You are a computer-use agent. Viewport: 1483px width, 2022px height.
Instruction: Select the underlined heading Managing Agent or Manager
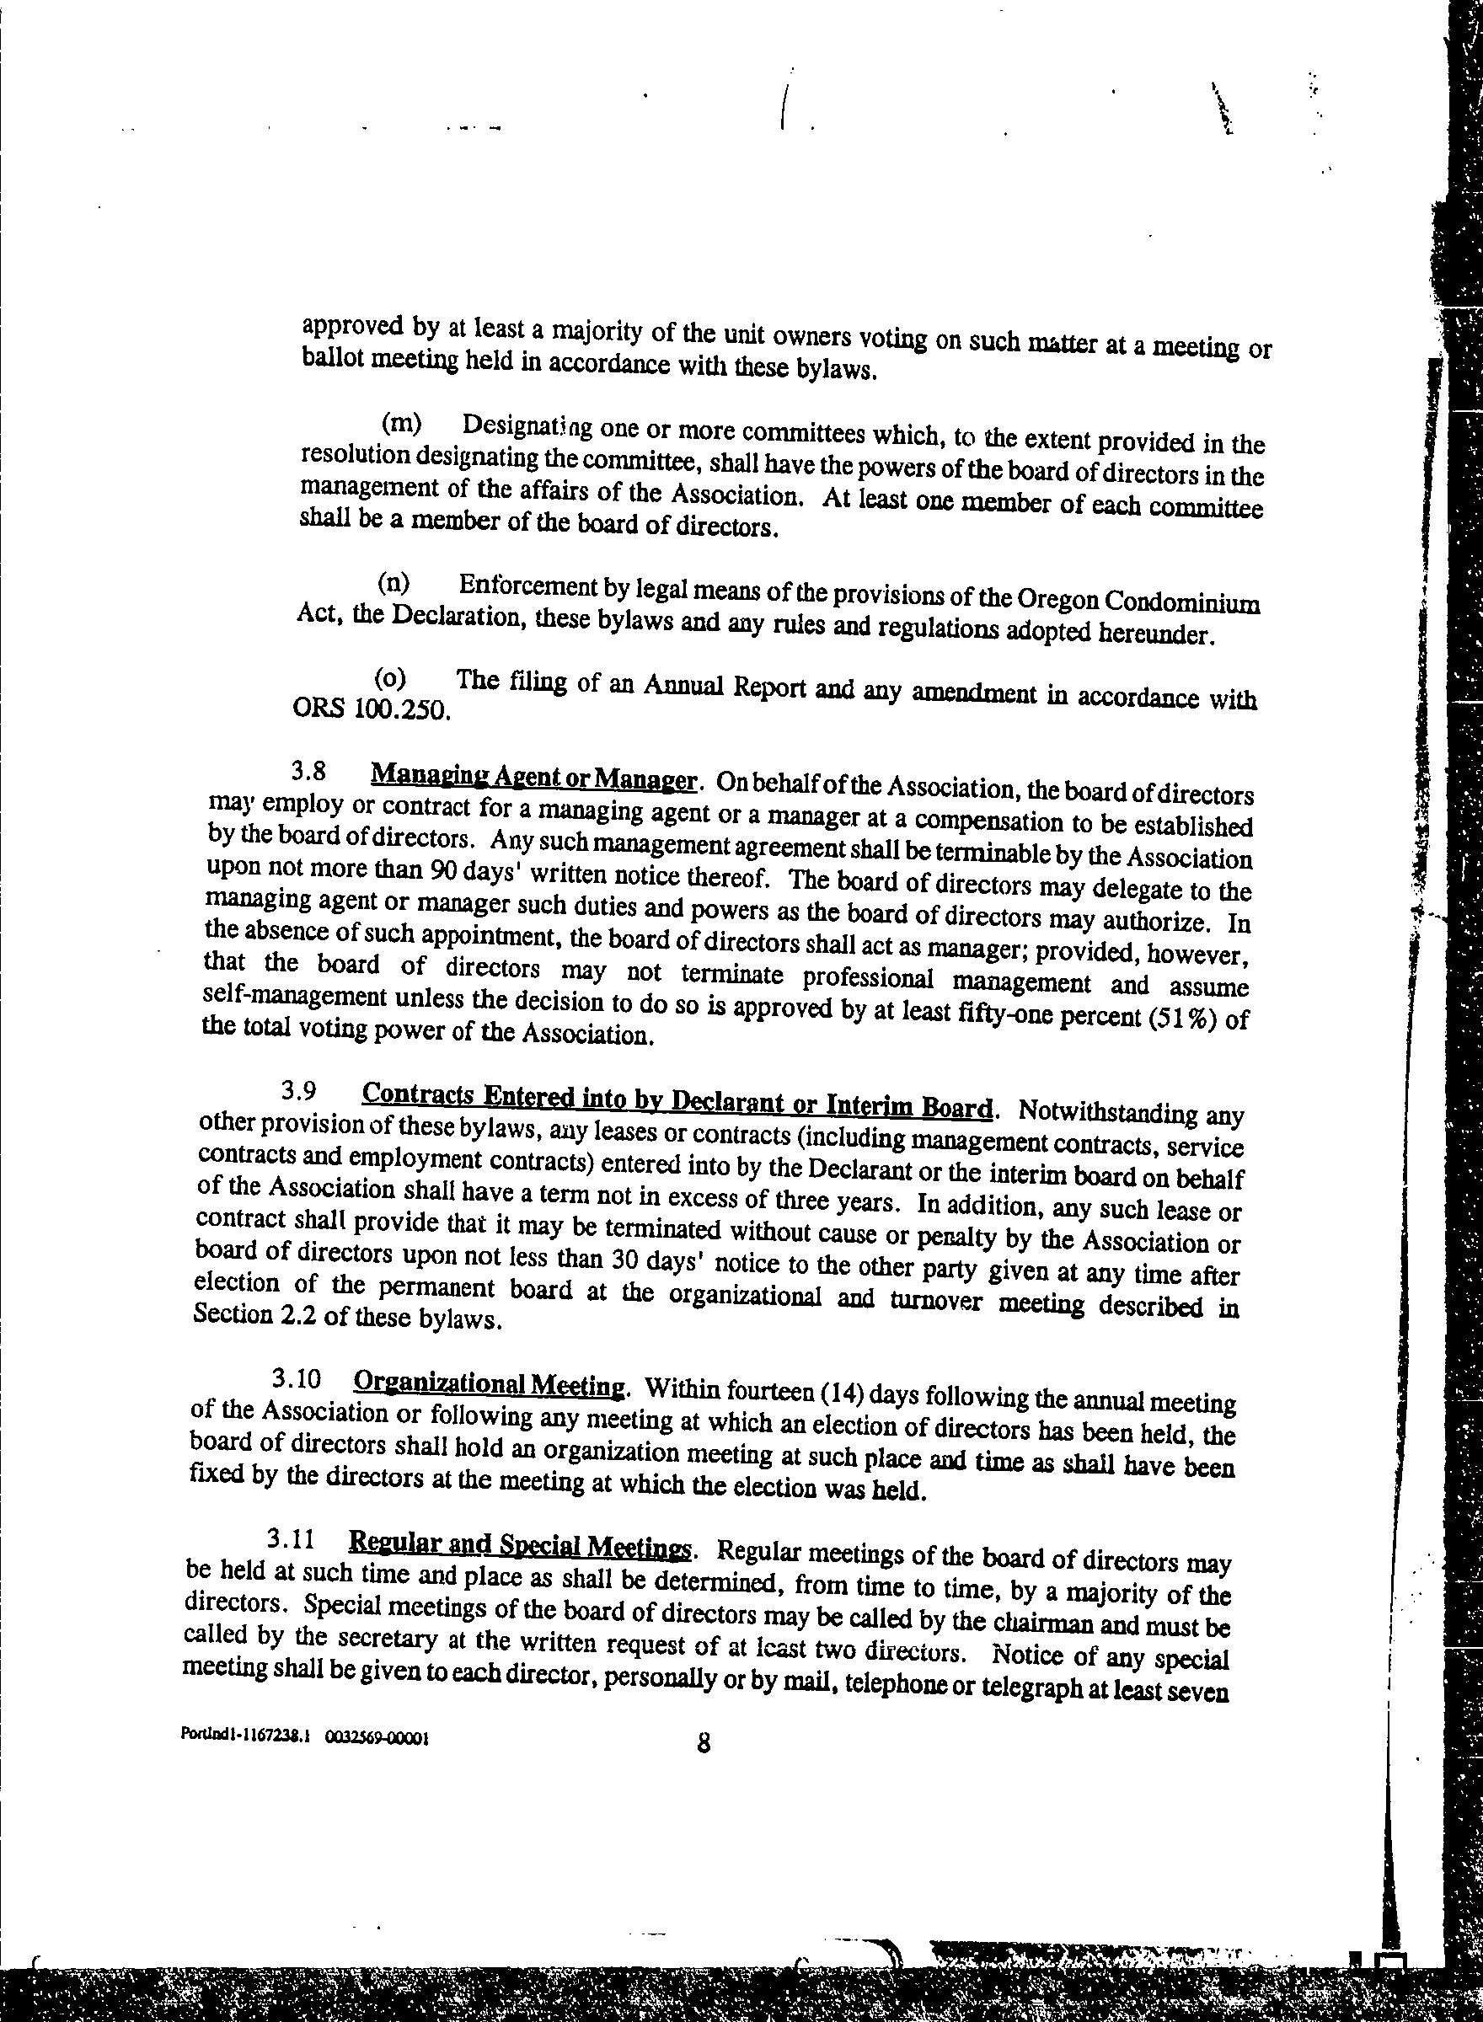point(534,778)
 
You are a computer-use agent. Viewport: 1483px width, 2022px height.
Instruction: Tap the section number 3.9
point(298,1090)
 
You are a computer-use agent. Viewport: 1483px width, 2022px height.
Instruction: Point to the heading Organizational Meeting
point(490,1384)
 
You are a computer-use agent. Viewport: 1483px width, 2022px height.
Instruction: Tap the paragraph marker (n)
point(394,584)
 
